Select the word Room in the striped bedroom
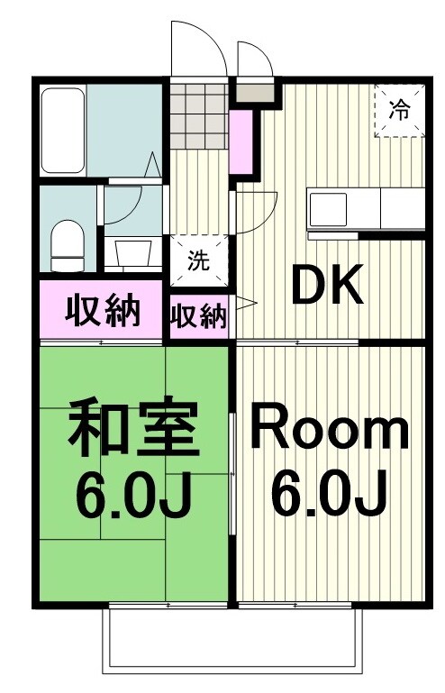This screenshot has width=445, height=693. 328,432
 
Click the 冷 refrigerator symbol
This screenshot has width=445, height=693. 397,112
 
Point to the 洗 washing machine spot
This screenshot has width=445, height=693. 198,261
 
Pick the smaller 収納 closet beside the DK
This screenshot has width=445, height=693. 199,317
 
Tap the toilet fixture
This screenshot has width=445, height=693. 67,245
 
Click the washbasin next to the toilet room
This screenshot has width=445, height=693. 125,253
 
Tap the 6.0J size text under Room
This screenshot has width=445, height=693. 328,492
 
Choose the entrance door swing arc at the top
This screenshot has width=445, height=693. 198,45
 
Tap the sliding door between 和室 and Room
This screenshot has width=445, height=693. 233,469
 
